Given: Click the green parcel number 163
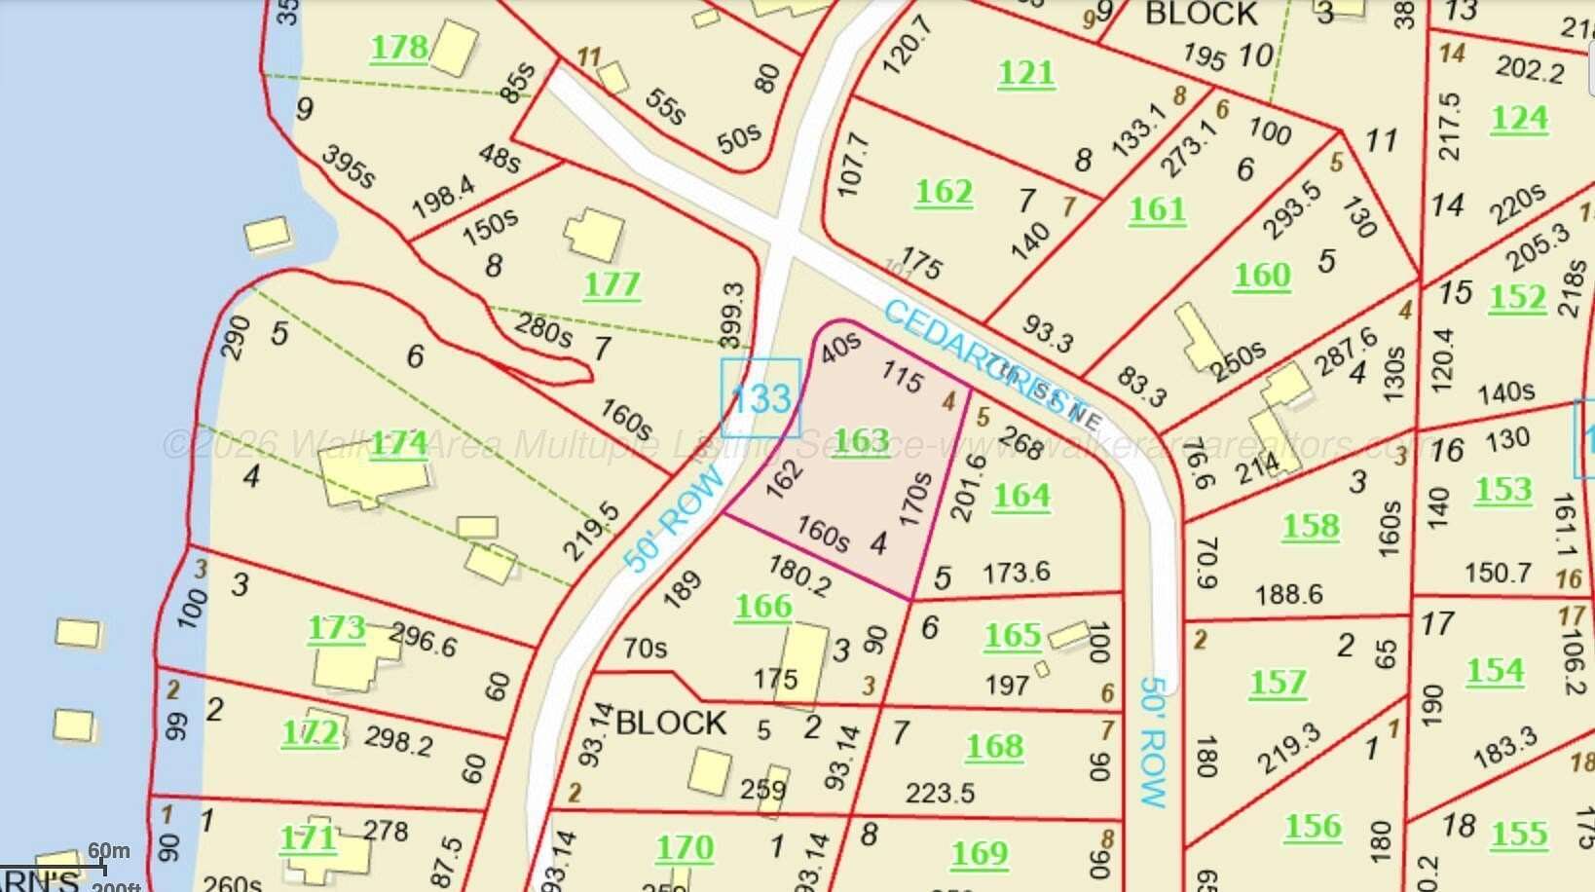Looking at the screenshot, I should click(861, 441).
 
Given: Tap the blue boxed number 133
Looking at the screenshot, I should click(760, 398).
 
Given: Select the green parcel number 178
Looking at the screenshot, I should click(399, 48).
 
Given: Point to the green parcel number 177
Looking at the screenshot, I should click(612, 285).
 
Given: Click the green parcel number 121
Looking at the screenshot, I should click(1026, 73).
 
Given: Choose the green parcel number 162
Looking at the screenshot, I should click(944, 192).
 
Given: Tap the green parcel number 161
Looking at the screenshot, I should click(1157, 209).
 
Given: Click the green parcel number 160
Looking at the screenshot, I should click(1262, 276).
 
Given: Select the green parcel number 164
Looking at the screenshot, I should click(1021, 497).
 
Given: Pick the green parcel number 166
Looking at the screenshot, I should click(763, 607).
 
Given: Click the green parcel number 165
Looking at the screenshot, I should click(1013, 637).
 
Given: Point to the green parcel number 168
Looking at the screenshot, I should click(994, 747).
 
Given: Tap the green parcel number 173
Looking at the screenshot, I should click(337, 628).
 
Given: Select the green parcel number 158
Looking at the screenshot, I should click(1311, 527).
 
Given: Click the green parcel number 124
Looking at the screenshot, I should click(1519, 119).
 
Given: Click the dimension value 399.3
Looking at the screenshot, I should click(732, 314).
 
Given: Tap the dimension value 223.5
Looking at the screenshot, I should click(940, 793).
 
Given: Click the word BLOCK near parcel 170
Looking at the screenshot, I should click(671, 723).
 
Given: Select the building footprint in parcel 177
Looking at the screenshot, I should click(593, 235).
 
